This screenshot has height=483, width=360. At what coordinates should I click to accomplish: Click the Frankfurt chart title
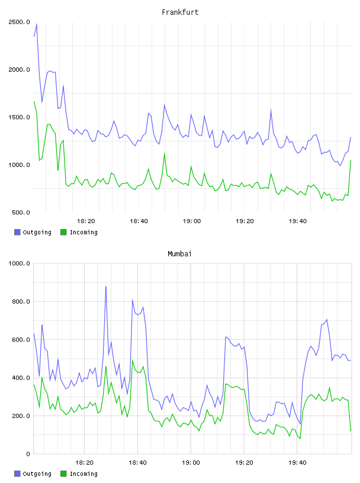(180, 12)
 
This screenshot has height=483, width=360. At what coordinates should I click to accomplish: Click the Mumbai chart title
(179, 254)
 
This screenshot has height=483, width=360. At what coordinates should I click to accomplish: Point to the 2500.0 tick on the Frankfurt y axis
(19, 22)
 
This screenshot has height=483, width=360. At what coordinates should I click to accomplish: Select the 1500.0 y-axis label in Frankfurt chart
(19, 117)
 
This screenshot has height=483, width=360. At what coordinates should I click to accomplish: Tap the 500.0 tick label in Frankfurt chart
(21, 212)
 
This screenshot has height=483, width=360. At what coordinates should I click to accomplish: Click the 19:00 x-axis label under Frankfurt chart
(192, 221)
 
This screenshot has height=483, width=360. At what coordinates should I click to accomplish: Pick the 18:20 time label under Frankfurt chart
(86, 221)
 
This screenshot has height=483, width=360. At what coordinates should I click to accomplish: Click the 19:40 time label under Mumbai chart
(297, 463)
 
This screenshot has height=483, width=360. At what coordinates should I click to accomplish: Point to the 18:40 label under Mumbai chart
(137, 463)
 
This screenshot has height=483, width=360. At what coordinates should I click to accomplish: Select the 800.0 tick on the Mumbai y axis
(21, 301)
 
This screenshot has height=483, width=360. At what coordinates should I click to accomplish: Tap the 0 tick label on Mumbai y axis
(28, 454)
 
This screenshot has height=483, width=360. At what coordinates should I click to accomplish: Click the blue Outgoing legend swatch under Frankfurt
(17, 232)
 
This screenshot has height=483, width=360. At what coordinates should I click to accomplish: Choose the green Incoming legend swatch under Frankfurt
(63, 232)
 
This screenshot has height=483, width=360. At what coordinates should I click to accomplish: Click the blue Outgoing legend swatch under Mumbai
(17, 474)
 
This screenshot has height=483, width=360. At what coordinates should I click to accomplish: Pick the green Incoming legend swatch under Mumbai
(63, 474)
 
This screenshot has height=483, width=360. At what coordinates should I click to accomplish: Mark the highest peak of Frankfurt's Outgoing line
(37, 24)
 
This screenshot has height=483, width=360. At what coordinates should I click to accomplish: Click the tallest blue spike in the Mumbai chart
(106, 286)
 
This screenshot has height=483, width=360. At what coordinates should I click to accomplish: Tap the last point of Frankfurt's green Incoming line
(351, 160)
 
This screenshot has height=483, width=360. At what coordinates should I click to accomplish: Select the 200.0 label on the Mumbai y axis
(21, 416)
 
